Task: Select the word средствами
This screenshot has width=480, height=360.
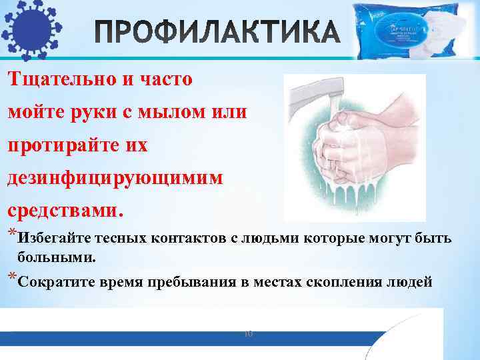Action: coord(65,211)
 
